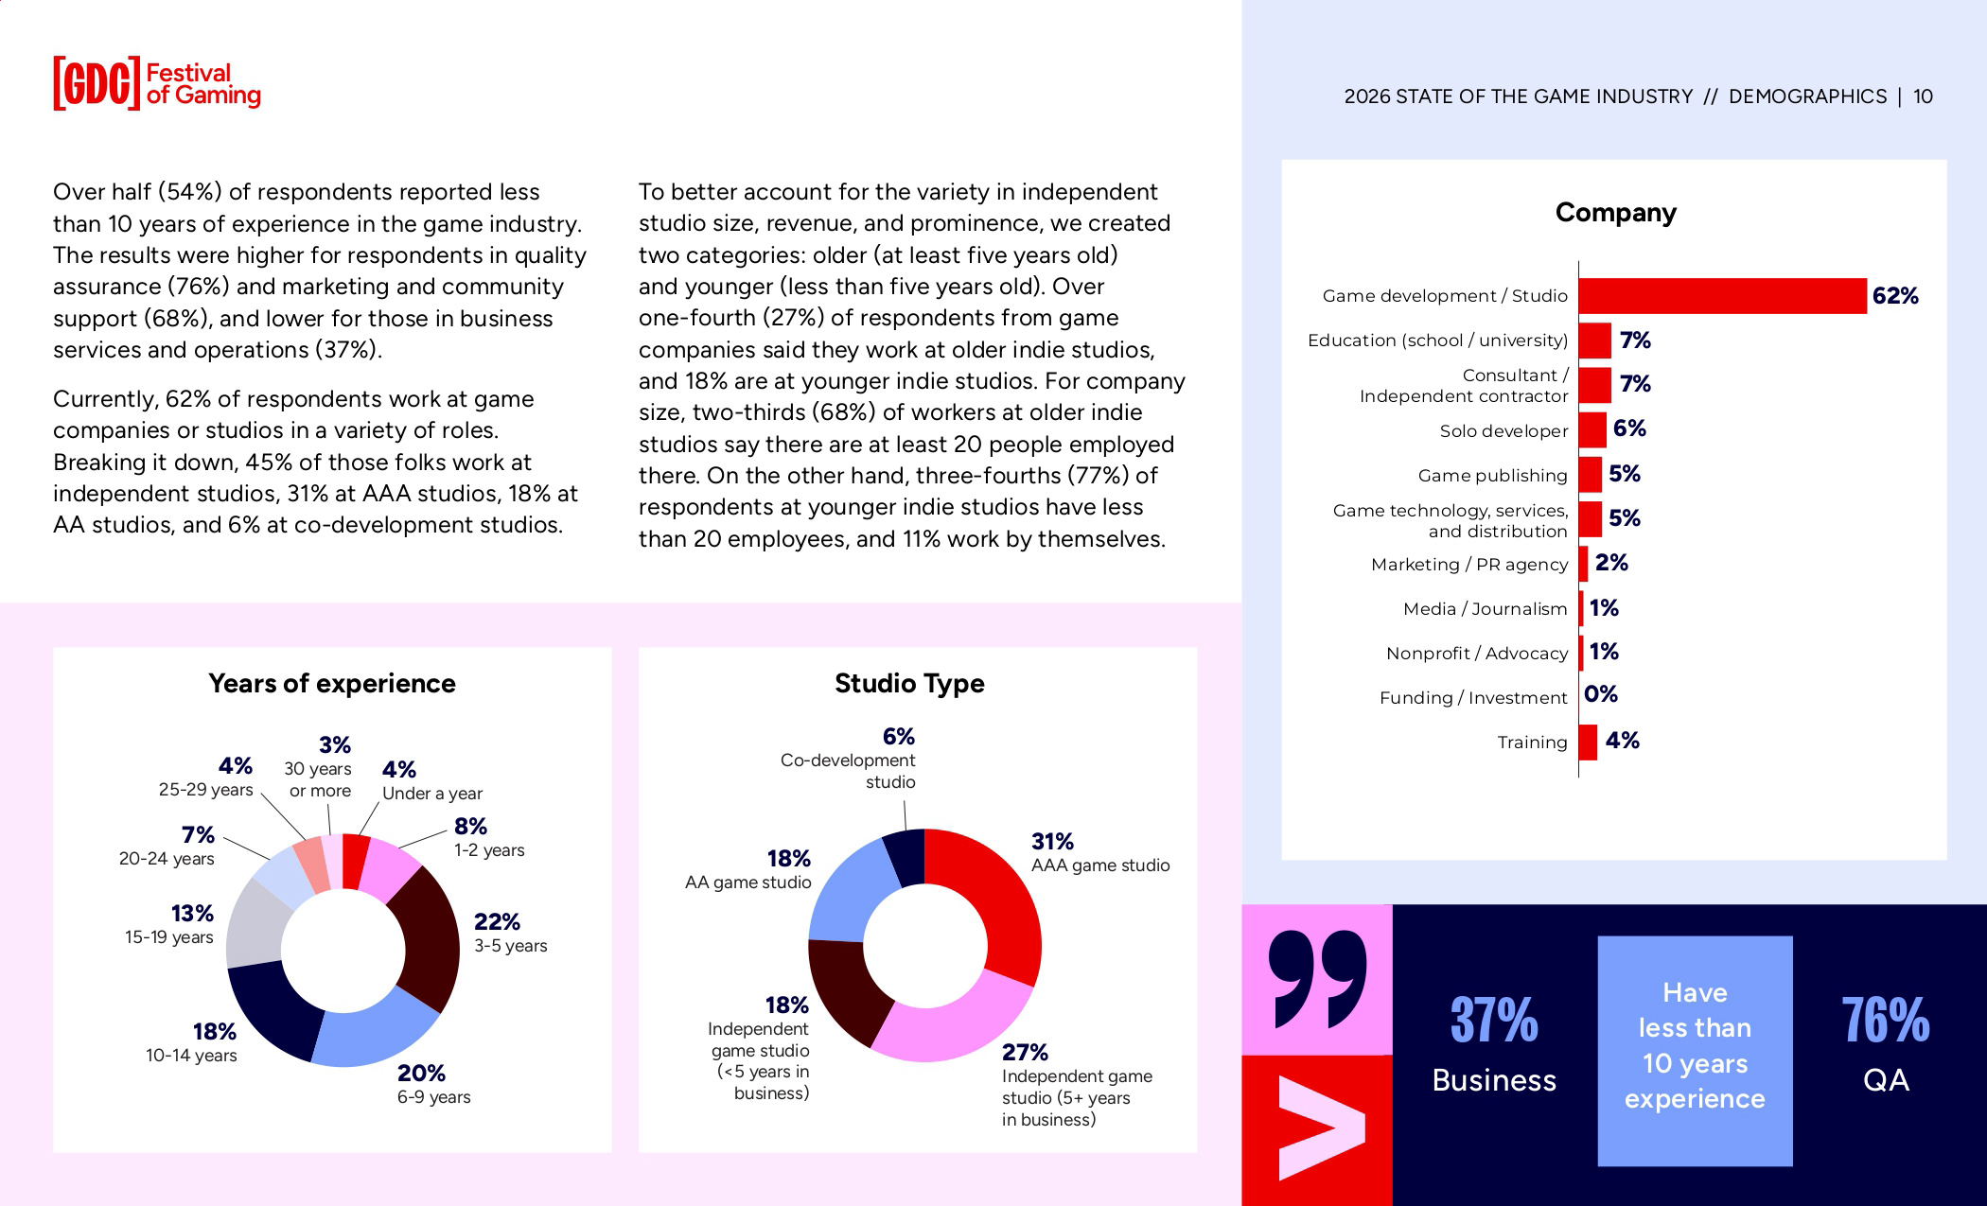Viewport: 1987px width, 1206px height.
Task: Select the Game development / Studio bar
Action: point(1721,296)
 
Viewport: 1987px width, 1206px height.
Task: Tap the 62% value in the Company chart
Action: point(1895,296)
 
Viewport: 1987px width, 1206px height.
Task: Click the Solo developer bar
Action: point(1592,430)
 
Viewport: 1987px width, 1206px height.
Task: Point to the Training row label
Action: point(1532,743)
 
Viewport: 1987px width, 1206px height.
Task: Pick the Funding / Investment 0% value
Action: point(1601,694)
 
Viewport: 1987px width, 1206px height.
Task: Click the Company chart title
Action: point(1615,213)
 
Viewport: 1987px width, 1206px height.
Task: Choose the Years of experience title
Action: point(331,683)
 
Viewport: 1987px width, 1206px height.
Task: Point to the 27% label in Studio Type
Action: point(1025,1052)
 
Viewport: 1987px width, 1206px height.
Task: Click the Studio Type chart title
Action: point(909,683)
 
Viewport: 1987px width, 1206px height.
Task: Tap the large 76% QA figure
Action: point(1885,1021)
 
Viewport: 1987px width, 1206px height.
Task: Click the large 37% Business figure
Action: point(1494,1021)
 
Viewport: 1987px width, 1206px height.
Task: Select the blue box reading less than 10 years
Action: point(1695,1050)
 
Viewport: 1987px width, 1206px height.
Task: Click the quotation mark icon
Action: point(1317,979)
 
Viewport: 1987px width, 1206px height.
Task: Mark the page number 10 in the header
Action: point(1923,96)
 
